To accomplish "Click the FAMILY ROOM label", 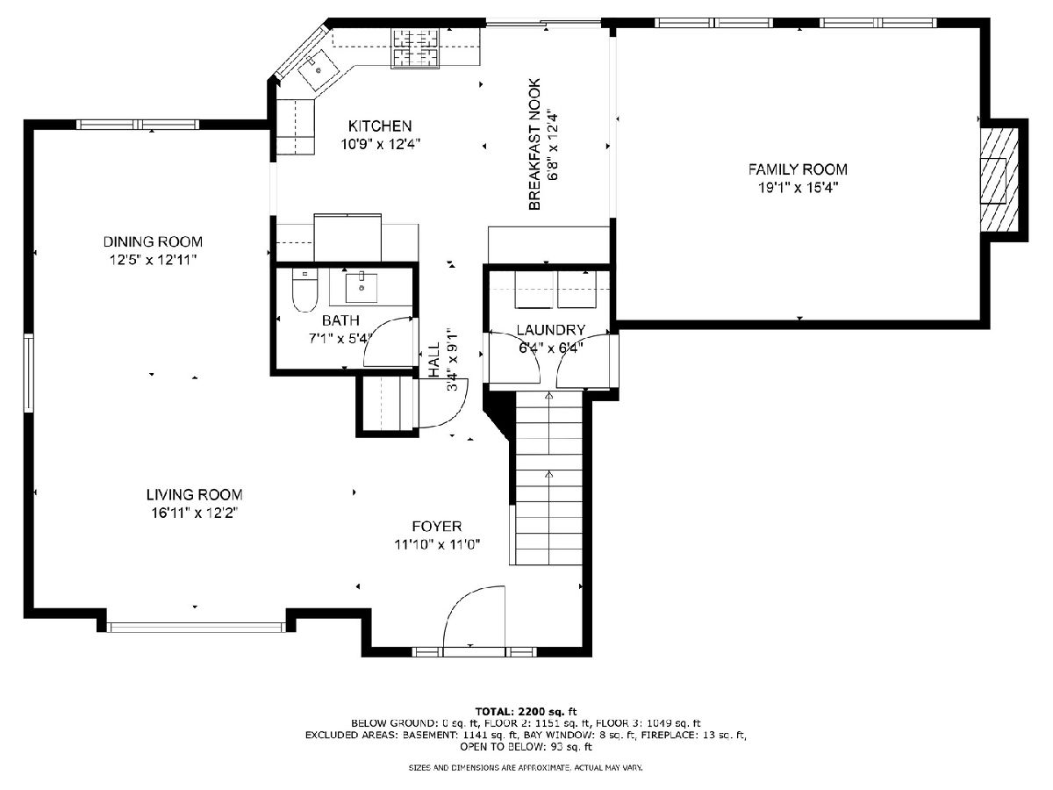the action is (798, 169).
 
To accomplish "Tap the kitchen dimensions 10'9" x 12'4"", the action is (381, 144).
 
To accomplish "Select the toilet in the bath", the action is (304, 291).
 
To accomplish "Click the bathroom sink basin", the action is (362, 287).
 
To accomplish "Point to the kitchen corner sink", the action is (318, 71).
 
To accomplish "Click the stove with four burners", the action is (415, 47).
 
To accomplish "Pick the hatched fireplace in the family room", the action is (999, 180).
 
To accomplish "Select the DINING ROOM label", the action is (153, 241).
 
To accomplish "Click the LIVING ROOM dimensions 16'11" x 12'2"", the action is (195, 513).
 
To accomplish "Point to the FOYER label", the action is (437, 526).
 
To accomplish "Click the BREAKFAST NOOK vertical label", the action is (534, 144).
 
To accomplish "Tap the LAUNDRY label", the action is (551, 330).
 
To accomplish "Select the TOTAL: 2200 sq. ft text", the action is (526, 711).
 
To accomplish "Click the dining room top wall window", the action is (138, 125).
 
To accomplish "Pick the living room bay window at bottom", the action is (196, 627).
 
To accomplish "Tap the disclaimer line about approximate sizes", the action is (526, 768).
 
